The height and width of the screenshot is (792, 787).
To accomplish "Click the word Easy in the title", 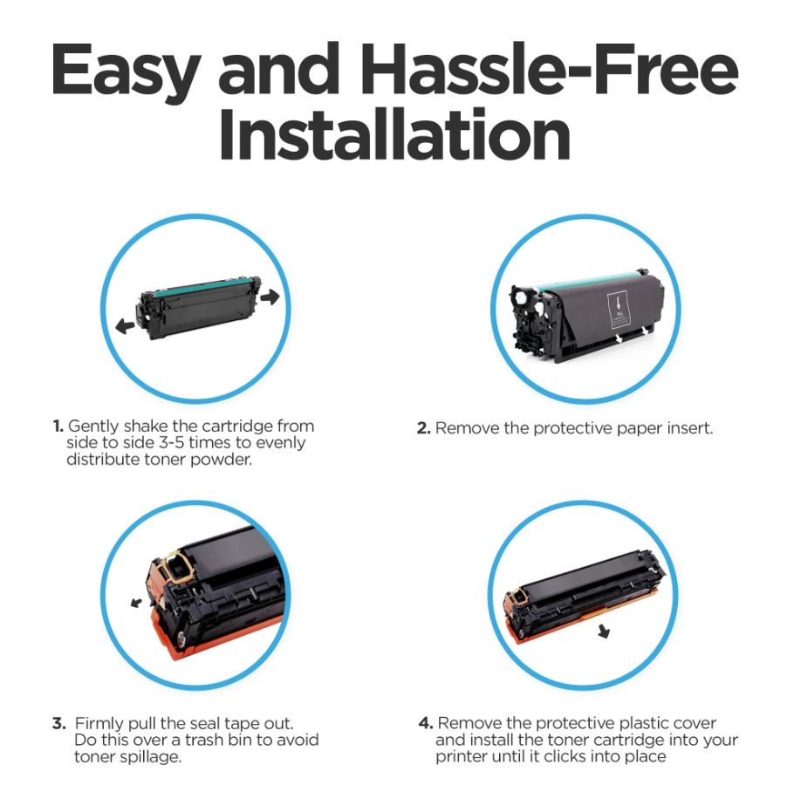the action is tap(126, 72).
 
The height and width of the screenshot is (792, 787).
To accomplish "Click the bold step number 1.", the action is tap(58, 427).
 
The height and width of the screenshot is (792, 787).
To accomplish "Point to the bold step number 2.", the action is tap(423, 428).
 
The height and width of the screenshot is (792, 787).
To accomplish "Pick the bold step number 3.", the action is tap(59, 723).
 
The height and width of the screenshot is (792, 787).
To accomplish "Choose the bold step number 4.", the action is tap(426, 723).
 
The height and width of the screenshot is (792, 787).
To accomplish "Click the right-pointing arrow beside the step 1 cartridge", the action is tap(270, 296).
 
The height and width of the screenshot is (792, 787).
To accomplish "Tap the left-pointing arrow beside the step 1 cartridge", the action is tap(125, 326).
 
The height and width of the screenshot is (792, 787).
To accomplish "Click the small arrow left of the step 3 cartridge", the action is tap(136, 602).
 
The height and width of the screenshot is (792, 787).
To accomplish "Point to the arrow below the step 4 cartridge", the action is tap(604, 631).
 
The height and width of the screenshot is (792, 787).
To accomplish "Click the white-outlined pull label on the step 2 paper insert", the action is tap(618, 308).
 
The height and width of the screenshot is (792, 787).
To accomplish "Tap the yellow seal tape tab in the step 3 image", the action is tap(175, 566).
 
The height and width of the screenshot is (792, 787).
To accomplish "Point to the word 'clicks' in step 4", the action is tap(566, 756).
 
